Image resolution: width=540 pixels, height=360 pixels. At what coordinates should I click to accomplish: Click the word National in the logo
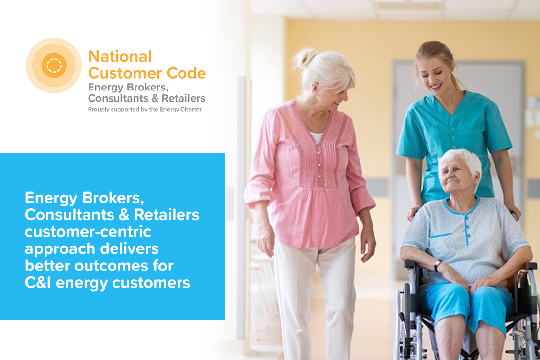[x=120, y=57]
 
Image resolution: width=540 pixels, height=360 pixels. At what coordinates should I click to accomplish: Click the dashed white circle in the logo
[x=54, y=66]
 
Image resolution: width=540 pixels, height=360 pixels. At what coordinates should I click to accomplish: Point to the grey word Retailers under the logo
[x=183, y=98]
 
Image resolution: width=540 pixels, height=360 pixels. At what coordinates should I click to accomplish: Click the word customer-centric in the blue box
[x=88, y=232]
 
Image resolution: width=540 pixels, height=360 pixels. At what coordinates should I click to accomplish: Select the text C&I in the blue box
[x=38, y=283]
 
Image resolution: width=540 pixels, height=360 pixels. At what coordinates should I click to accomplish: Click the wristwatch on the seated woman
[x=437, y=265]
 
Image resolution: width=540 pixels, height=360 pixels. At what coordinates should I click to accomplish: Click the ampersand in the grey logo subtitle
[x=155, y=98]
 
